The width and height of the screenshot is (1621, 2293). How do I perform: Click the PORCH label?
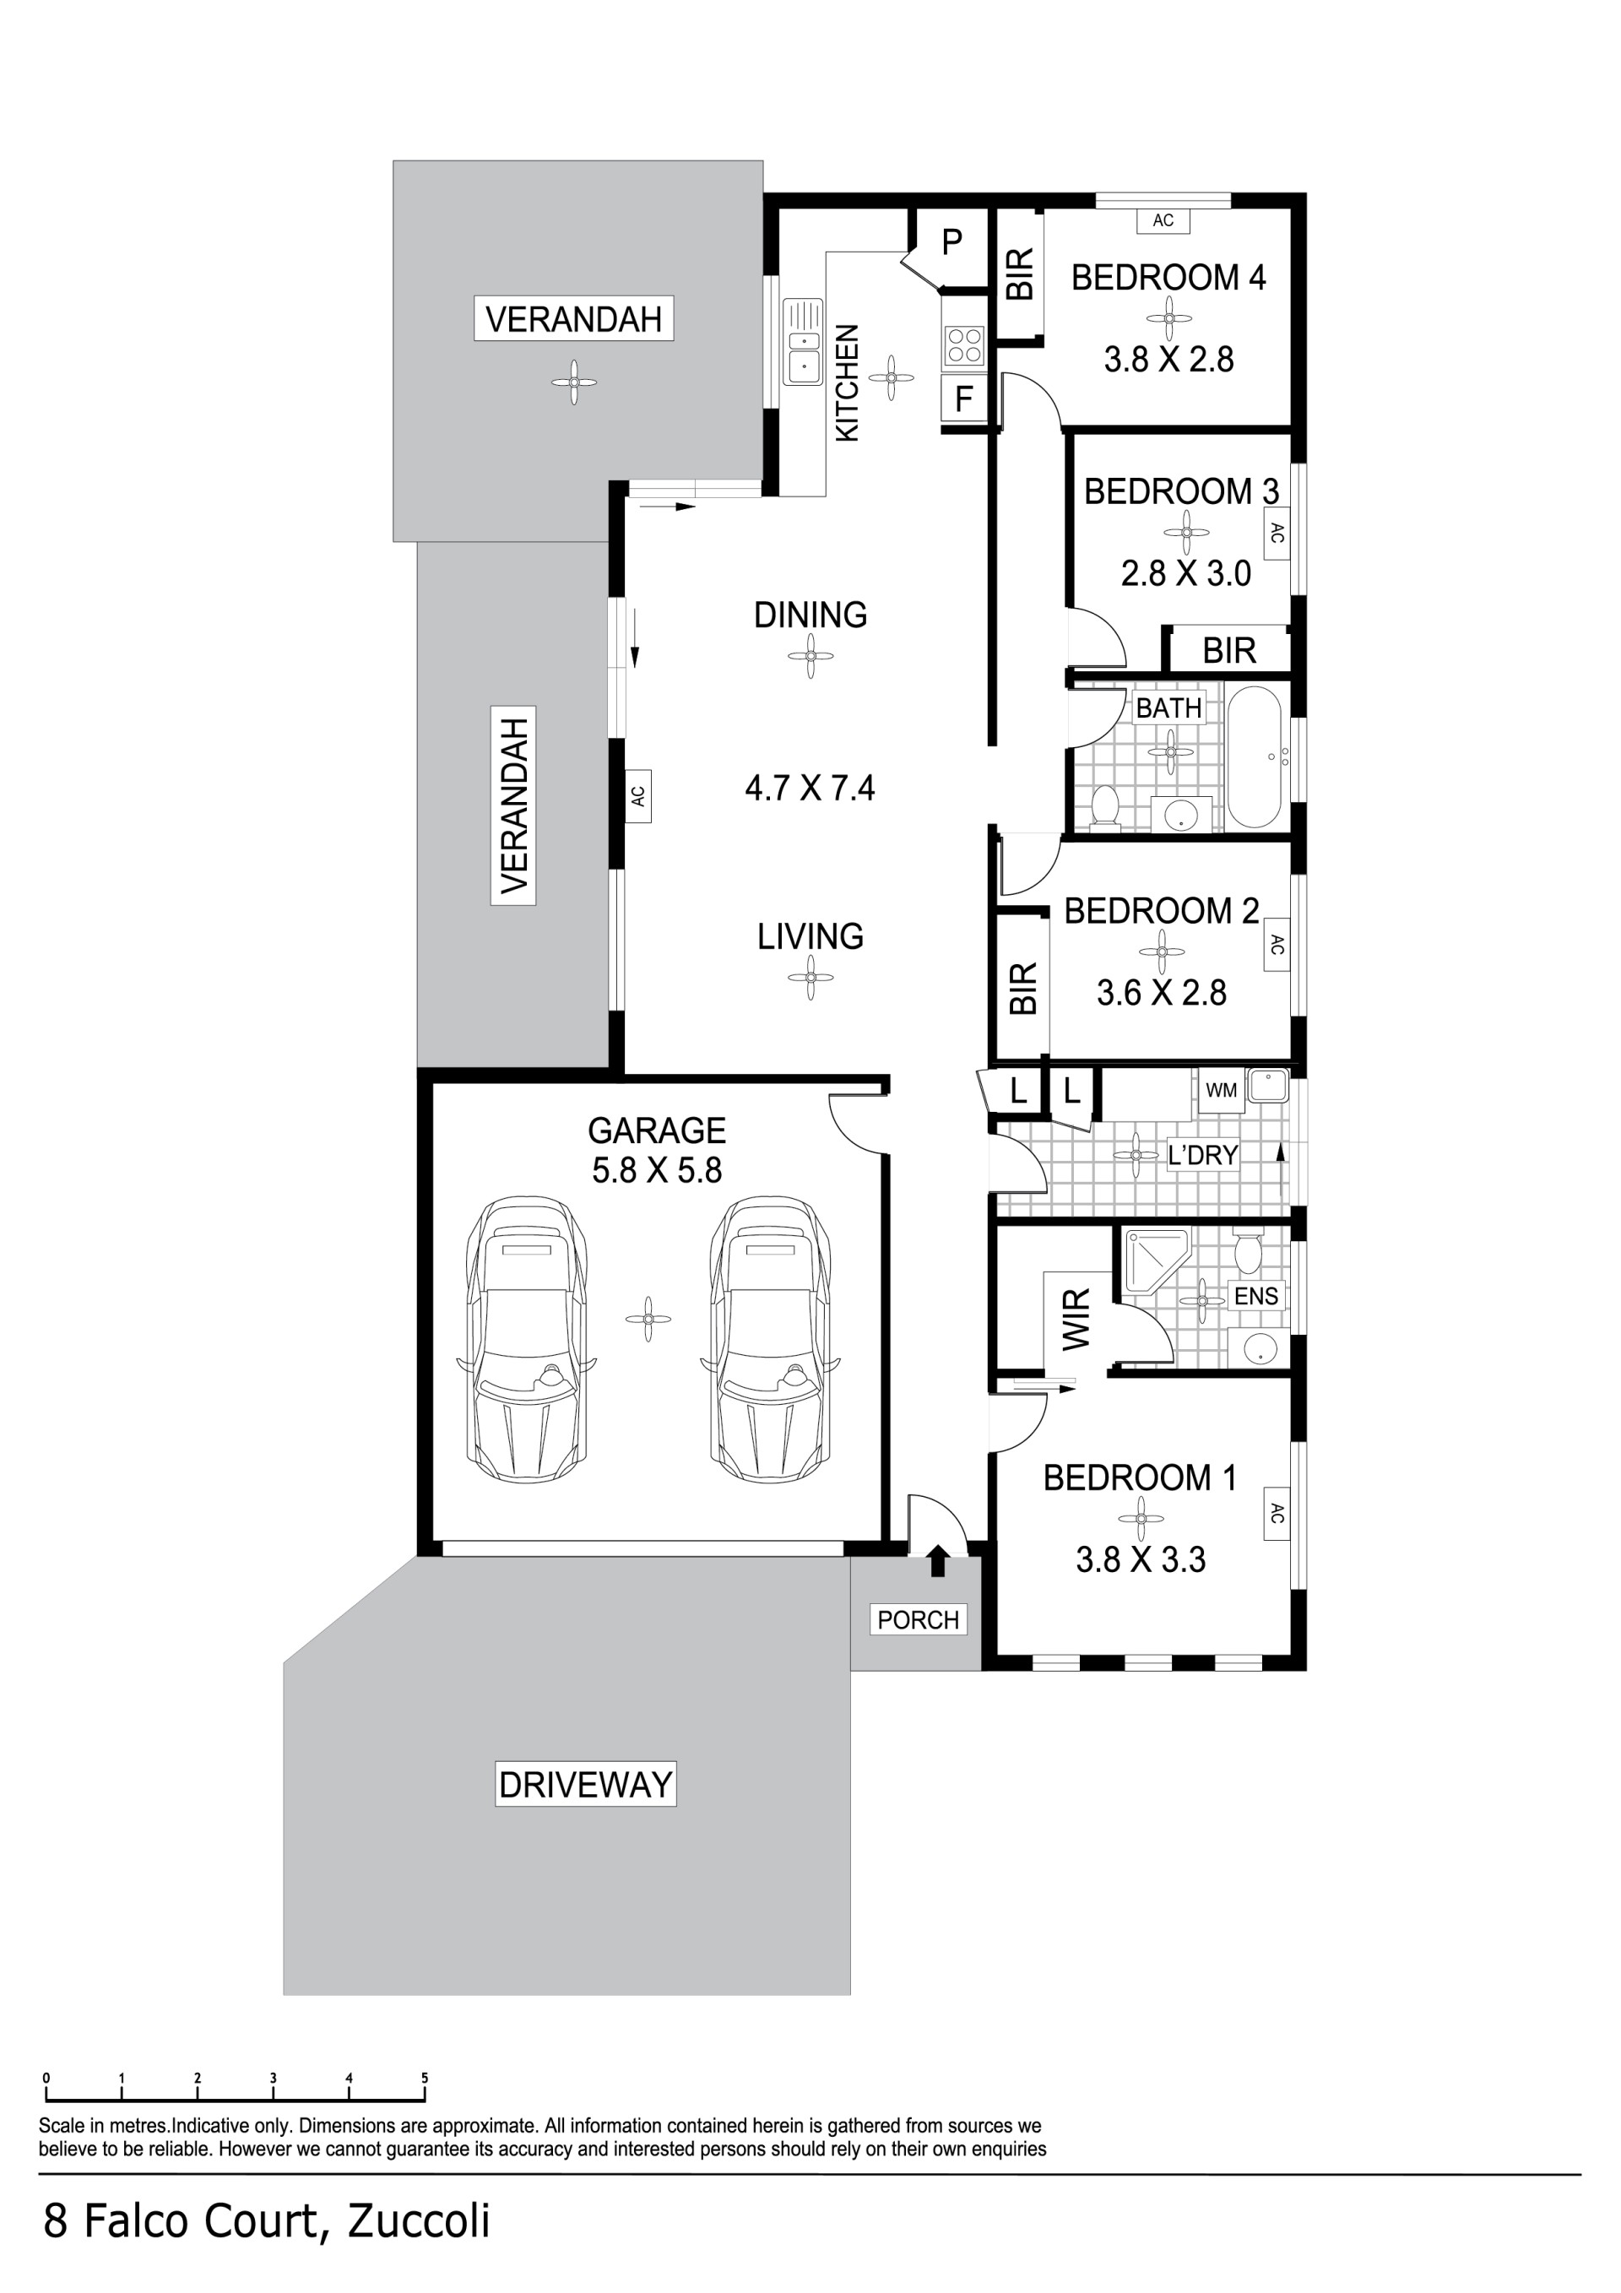click(x=918, y=1619)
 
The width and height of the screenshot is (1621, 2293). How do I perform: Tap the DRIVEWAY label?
click(x=585, y=1784)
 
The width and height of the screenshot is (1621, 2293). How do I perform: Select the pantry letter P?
click(x=951, y=241)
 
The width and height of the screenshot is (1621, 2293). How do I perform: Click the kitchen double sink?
click(x=802, y=342)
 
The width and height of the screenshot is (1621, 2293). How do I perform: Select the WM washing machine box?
click(x=1221, y=1090)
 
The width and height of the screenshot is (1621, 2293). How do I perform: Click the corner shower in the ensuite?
click(x=1157, y=1266)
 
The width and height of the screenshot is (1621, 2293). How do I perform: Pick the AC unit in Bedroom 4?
click(x=1163, y=220)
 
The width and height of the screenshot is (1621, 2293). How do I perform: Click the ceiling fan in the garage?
click(x=648, y=1320)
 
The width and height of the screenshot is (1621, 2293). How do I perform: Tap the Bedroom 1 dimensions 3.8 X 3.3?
click(x=1141, y=1559)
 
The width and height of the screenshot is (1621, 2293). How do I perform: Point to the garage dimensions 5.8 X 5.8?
click(x=657, y=1169)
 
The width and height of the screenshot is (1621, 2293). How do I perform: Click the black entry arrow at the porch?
click(x=937, y=1560)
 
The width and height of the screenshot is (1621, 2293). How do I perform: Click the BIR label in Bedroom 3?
click(x=1228, y=650)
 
